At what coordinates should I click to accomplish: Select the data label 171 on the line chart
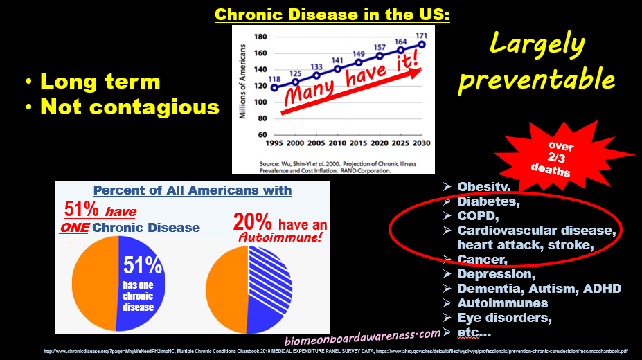click(x=420, y=35)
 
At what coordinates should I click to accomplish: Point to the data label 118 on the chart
click(x=275, y=78)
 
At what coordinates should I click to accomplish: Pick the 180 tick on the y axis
click(x=260, y=37)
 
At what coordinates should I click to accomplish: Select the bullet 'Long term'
click(x=100, y=82)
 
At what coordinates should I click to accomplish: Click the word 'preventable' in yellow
click(x=537, y=79)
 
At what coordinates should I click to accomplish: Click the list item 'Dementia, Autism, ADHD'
click(x=539, y=289)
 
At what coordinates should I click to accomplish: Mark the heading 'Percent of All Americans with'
click(x=193, y=190)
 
